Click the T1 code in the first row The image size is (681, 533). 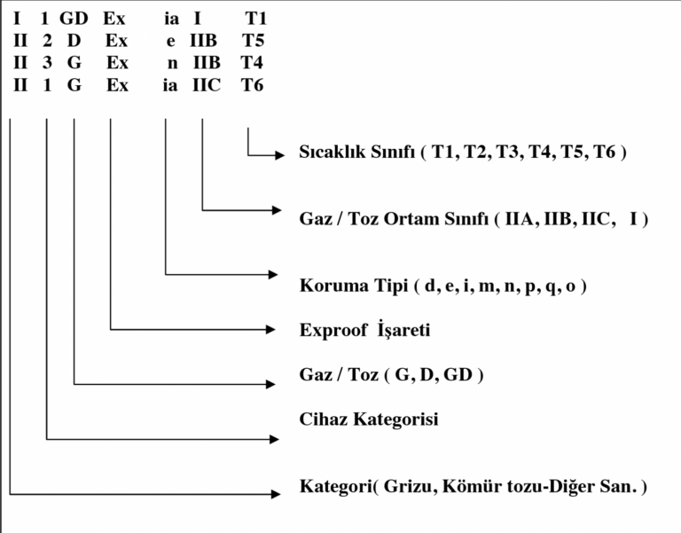point(254,18)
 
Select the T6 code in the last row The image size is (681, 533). point(252,87)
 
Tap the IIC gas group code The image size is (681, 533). point(207,87)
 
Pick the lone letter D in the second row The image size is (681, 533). point(74,41)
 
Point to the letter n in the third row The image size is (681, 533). point(172,64)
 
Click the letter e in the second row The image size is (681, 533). point(171,41)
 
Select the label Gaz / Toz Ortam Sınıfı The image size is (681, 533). point(395,218)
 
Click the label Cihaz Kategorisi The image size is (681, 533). point(369,419)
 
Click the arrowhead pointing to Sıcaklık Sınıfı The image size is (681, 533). point(278,153)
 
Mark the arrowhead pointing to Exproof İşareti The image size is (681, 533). point(274,330)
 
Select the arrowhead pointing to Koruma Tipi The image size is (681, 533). point(274,274)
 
